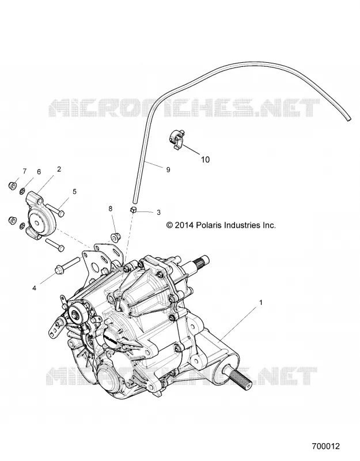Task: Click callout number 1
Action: coord(260,302)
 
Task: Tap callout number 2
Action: coord(59,169)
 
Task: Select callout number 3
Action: coord(158,212)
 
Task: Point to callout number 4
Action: coord(34,288)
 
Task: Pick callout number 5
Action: coord(74,192)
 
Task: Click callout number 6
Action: coord(39,172)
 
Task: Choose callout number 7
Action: coord(25,171)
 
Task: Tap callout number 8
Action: coord(110,209)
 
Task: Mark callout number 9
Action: coord(168,169)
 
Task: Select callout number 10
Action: coord(205,160)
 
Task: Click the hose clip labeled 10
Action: coord(177,138)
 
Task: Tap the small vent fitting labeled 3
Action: coord(133,210)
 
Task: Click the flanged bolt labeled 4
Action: coord(68,264)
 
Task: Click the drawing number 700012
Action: coord(325,446)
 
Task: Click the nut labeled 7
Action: coord(12,186)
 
